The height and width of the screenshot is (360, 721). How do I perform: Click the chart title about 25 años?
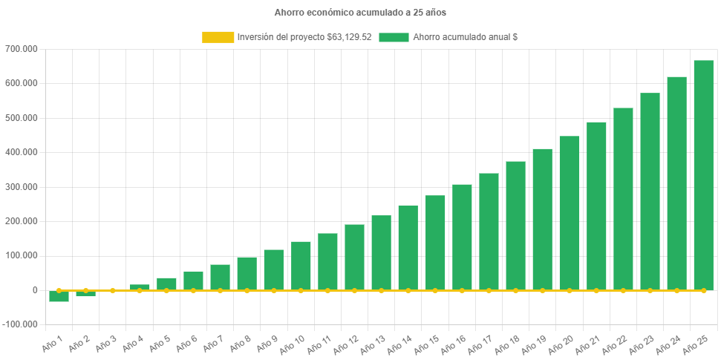360,13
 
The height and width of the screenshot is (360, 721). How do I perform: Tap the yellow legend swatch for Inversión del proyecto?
217,37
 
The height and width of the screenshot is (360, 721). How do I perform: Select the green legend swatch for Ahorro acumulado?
394,37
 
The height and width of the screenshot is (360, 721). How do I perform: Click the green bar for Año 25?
703,174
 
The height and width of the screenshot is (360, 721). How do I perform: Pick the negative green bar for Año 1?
59,296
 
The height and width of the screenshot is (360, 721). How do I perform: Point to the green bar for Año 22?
623,198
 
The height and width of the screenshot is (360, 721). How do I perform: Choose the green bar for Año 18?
515,225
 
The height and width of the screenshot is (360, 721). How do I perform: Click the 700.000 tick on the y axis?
25,49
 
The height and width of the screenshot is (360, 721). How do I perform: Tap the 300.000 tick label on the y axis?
25,187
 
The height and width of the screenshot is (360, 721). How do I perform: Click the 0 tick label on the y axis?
36,290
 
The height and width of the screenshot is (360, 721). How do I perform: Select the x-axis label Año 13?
371,342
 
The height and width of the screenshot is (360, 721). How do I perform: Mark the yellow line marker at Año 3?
113,290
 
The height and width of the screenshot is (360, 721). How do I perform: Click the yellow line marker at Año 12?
354,290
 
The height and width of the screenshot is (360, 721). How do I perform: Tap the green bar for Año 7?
220,277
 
